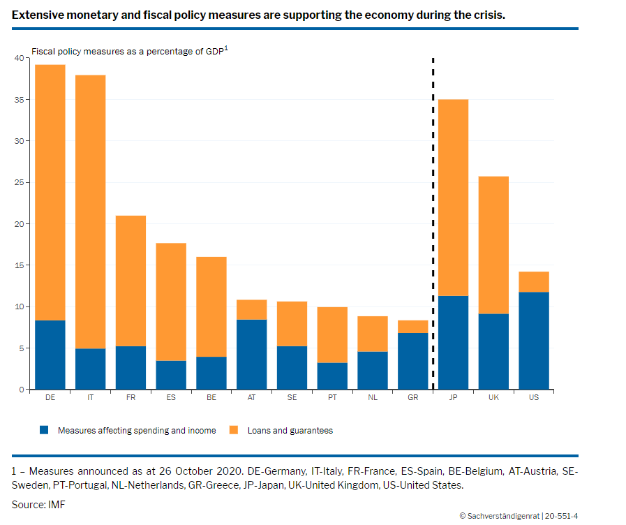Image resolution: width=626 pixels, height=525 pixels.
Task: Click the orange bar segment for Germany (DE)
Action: [x=50, y=192]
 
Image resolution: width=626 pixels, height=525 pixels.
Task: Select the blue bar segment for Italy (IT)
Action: [x=90, y=369]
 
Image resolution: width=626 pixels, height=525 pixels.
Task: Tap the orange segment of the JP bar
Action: [x=453, y=198]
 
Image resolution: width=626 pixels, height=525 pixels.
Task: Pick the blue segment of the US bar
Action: [x=534, y=340]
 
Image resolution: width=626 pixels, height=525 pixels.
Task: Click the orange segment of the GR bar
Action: [x=412, y=327]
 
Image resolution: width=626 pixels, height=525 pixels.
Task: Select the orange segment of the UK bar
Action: [x=493, y=245]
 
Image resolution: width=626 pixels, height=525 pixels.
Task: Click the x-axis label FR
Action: [x=131, y=397]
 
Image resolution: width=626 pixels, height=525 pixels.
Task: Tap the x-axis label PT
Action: [x=332, y=397]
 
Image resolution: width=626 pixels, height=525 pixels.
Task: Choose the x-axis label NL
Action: [x=373, y=397]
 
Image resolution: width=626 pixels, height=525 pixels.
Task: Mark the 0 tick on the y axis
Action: [x=21, y=389]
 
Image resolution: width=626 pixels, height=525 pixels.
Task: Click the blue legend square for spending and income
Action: [x=45, y=430]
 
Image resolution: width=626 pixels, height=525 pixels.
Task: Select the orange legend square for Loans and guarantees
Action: [x=234, y=430]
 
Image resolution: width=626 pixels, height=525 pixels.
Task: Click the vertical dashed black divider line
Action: [x=433, y=223]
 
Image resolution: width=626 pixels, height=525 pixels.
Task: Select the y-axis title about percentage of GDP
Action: [x=130, y=52]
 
